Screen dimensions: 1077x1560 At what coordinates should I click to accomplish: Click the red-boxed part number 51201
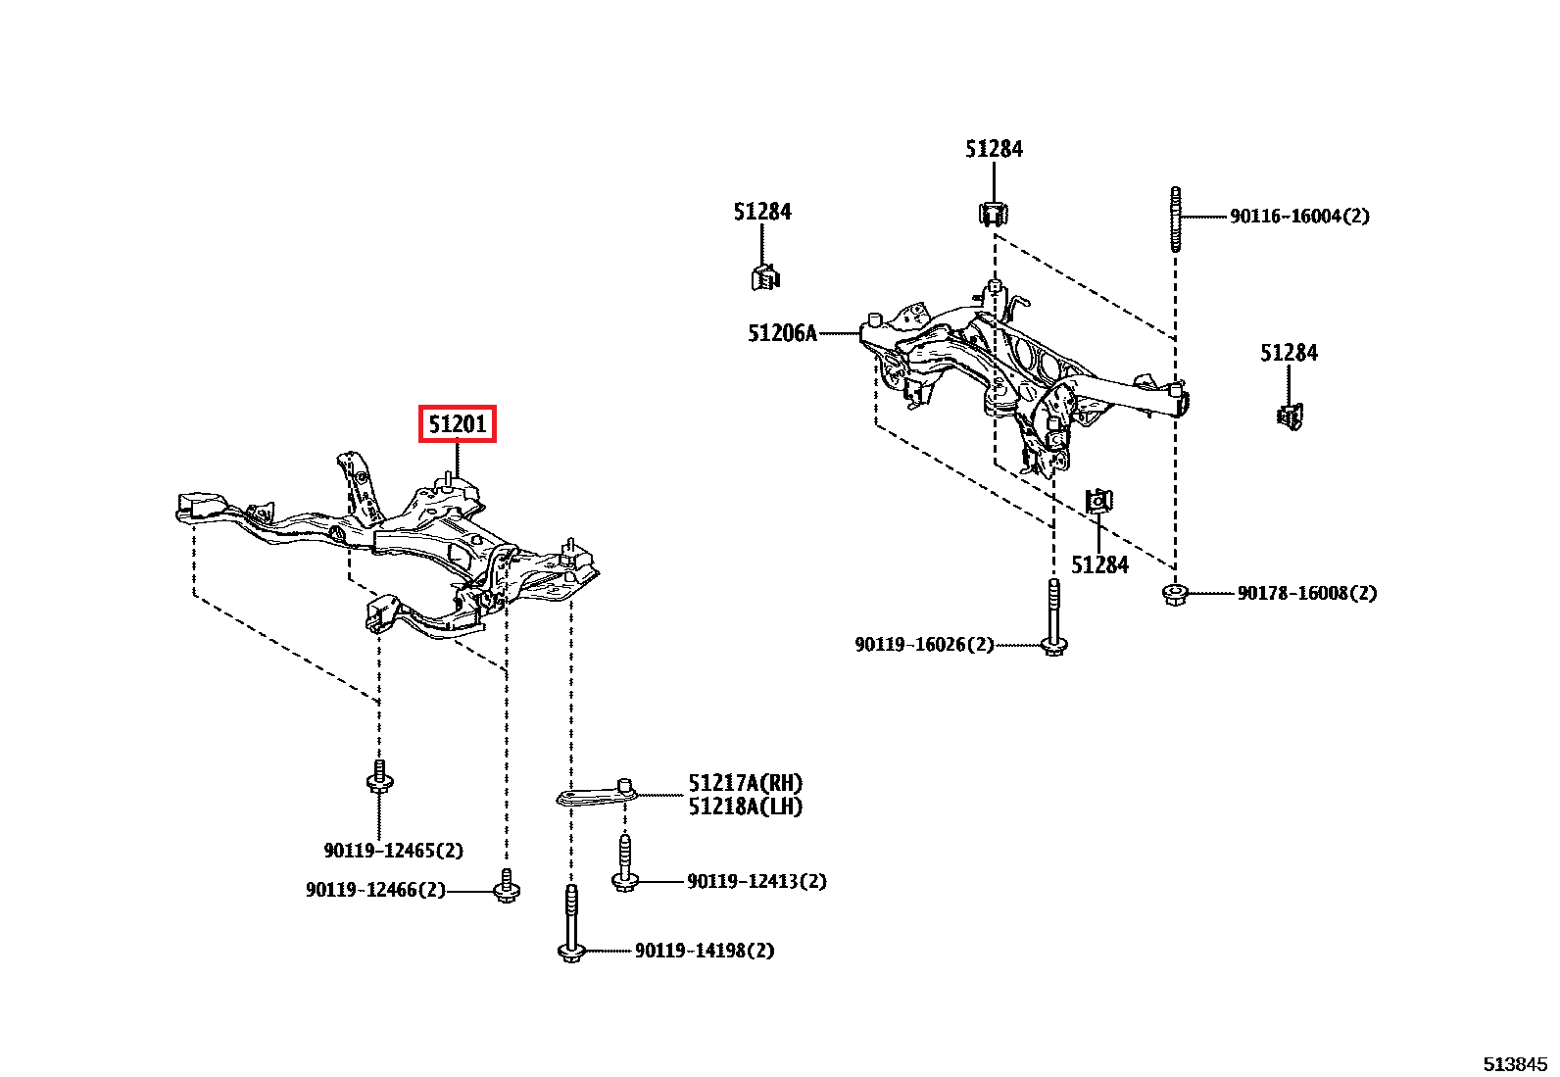click(x=458, y=423)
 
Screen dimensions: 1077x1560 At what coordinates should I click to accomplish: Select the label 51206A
click(x=782, y=334)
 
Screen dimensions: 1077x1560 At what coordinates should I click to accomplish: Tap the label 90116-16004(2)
click(x=1299, y=217)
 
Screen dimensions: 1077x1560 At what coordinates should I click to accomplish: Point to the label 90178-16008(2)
click(x=1306, y=593)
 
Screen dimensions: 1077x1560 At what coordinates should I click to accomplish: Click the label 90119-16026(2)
click(x=924, y=645)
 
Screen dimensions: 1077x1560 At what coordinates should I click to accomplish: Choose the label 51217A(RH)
click(x=745, y=783)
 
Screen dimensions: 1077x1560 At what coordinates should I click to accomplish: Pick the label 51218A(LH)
click(x=745, y=807)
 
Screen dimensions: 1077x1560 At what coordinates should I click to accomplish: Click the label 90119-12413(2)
click(x=756, y=881)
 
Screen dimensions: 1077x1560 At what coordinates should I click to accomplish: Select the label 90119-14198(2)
click(x=705, y=951)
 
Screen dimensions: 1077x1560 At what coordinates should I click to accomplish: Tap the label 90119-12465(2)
click(x=393, y=851)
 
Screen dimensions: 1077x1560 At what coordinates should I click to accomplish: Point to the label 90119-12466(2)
click(x=375, y=890)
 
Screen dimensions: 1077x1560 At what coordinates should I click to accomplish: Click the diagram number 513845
click(x=1514, y=1064)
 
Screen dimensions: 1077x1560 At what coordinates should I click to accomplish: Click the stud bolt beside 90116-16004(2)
click(x=1175, y=220)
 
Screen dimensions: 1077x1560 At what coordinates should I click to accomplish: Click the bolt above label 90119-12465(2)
click(x=379, y=778)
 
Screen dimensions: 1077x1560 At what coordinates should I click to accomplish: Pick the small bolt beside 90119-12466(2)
click(x=506, y=886)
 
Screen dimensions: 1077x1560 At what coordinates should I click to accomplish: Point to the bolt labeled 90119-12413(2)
click(x=624, y=863)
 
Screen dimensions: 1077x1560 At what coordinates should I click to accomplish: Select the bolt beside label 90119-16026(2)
click(x=1053, y=617)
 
